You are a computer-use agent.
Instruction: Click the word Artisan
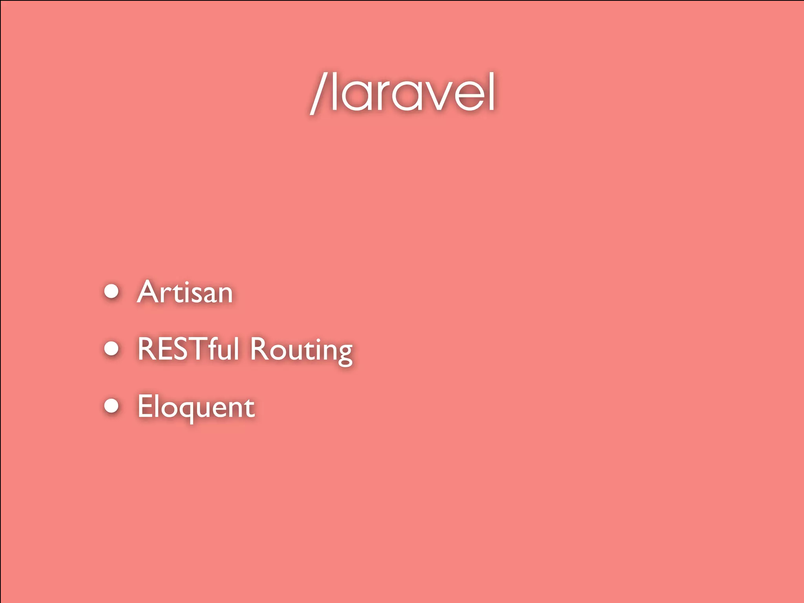[185, 292]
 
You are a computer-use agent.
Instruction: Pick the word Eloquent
[196, 407]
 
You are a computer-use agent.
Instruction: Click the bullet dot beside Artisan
[112, 291]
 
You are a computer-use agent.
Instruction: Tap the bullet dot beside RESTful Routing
[112, 348]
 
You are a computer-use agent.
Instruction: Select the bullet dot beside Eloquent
[112, 406]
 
